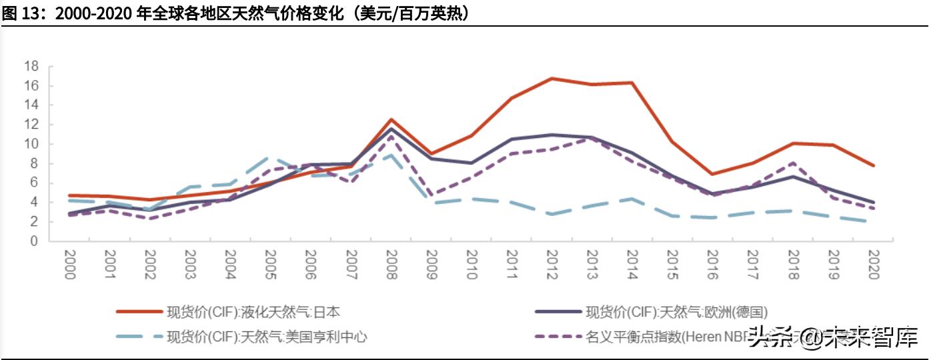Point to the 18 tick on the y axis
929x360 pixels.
31,67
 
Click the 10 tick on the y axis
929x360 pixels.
31,144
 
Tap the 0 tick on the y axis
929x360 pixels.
34,241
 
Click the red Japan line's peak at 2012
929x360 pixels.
552,78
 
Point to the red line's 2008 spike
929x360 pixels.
391,119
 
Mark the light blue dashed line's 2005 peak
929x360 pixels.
270,157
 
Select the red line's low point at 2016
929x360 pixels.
713,174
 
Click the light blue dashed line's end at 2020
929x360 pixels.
874,223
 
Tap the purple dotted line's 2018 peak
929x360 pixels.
793,163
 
